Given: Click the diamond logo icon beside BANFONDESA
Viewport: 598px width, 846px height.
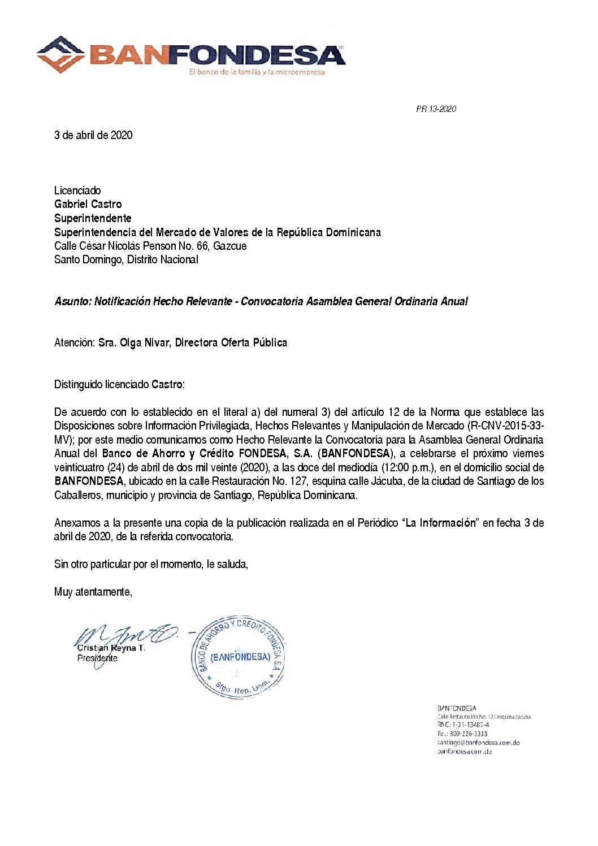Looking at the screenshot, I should pos(61,54).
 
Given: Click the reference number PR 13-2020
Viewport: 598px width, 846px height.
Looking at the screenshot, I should pos(436,109).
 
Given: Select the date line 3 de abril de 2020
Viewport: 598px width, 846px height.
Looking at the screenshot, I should pos(93,135).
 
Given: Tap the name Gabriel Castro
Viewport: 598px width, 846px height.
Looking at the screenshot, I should pos(88,204).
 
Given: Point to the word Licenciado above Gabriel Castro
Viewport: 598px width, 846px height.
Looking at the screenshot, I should pos(77,190).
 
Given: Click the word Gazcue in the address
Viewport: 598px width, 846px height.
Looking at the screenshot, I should pos(229,246).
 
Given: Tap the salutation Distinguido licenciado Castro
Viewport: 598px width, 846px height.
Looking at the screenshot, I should pos(119,385).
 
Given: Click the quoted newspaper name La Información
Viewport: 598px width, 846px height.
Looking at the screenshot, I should pos(441,523).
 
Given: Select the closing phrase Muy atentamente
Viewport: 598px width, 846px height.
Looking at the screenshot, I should pos(93,592).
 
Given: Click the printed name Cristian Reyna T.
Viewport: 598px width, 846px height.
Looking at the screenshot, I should pos(111,648).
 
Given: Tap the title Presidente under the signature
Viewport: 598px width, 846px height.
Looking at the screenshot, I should pos(97,658).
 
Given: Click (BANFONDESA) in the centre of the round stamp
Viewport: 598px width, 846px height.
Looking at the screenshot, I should pos(240,657).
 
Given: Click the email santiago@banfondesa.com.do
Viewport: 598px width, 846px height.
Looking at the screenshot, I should pos(478,743).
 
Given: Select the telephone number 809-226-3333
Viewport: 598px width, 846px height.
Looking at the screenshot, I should pos(469,734).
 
